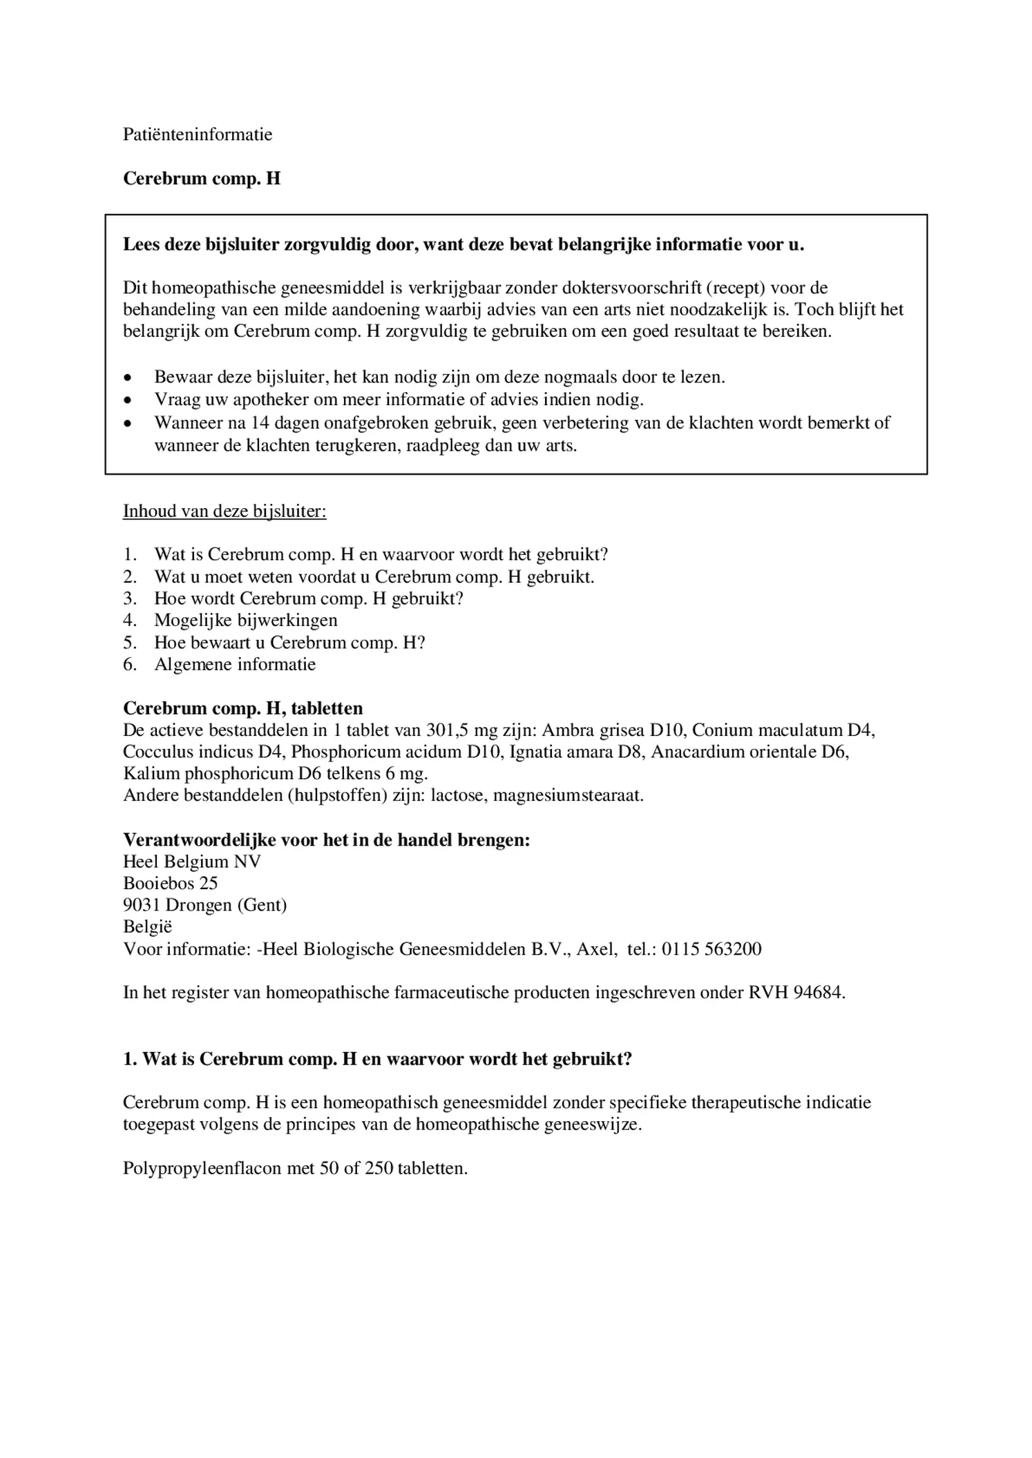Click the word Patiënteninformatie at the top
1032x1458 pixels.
(198, 135)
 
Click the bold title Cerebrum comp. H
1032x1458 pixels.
(202, 179)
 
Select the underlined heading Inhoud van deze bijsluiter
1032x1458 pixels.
(224, 512)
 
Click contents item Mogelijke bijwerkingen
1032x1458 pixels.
(246, 620)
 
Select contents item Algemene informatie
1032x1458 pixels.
(235, 664)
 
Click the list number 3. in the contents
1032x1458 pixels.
(130, 598)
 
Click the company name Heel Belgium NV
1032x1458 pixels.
(192, 862)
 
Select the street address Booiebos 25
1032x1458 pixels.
(171, 883)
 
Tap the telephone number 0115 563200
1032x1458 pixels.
(711, 949)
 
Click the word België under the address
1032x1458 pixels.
(148, 927)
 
